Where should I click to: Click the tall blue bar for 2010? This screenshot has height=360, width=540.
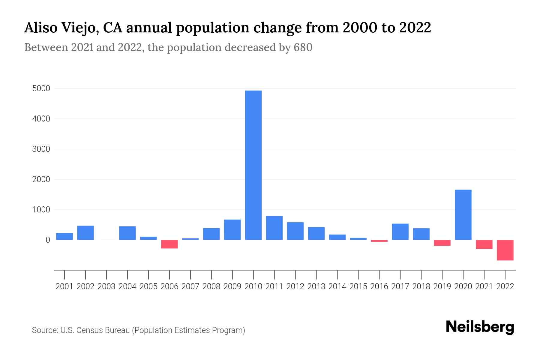pyautogui.click(x=253, y=165)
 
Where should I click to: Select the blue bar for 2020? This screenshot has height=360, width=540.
pyautogui.click(x=463, y=214)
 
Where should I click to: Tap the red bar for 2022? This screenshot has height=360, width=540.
pyautogui.click(x=505, y=250)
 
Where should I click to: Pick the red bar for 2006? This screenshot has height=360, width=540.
pyautogui.click(x=169, y=244)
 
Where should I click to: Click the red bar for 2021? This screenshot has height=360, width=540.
pyautogui.click(x=484, y=244)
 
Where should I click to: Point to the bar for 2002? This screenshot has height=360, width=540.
pyautogui.click(x=85, y=232)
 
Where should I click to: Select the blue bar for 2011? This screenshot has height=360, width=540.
pyautogui.click(x=274, y=228)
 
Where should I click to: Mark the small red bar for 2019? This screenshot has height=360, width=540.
pyautogui.click(x=442, y=243)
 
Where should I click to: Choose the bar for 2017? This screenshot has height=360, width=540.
pyautogui.click(x=400, y=232)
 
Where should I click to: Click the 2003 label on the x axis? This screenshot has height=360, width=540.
pyautogui.click(x=106, y=286)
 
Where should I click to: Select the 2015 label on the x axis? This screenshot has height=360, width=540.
pyautogui.click(x=358, y=286)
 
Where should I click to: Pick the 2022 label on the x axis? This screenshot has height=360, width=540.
pyautogui.click(x=505, y=286)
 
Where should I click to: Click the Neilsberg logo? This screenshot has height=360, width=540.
pyautogui.click(x=480, y=327)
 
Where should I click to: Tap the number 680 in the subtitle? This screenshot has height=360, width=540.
pyautogui.click(x=303, y=47)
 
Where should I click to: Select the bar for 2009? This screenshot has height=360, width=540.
pyautogui.click(x=232, y=229)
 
